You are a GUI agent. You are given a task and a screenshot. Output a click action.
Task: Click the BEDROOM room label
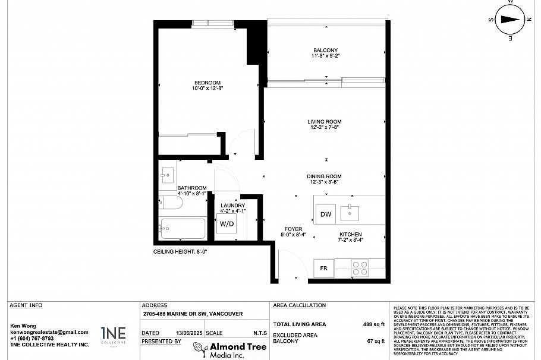[x=207, y=83]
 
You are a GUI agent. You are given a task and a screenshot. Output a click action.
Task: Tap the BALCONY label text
[x=325, y=50]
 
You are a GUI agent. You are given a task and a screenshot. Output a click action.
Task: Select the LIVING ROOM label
[x=325, y=122]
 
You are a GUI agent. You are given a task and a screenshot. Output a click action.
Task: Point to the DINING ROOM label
[x=324, y=176]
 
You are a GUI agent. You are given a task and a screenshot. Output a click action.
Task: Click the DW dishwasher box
[x=325, y=214]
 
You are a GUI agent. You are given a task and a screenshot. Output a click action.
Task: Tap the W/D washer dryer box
[x=227, y=224]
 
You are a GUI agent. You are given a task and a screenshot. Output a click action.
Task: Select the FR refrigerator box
[x=324, y=268]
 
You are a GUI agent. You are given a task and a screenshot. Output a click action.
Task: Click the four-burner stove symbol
[x=360, y=267]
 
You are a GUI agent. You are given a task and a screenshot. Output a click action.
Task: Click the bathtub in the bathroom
[x=183, y=229]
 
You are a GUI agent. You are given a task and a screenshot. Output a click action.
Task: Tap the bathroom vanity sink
[x=167, y=174]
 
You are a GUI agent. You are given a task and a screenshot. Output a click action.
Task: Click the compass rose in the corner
[x=509, y=19]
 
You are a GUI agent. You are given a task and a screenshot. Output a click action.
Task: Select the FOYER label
[x=293, y=229]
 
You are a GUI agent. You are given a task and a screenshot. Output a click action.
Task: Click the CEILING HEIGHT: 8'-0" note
[x=180, y=252]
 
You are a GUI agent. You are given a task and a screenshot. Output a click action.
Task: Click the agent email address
[x=49, y=332]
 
